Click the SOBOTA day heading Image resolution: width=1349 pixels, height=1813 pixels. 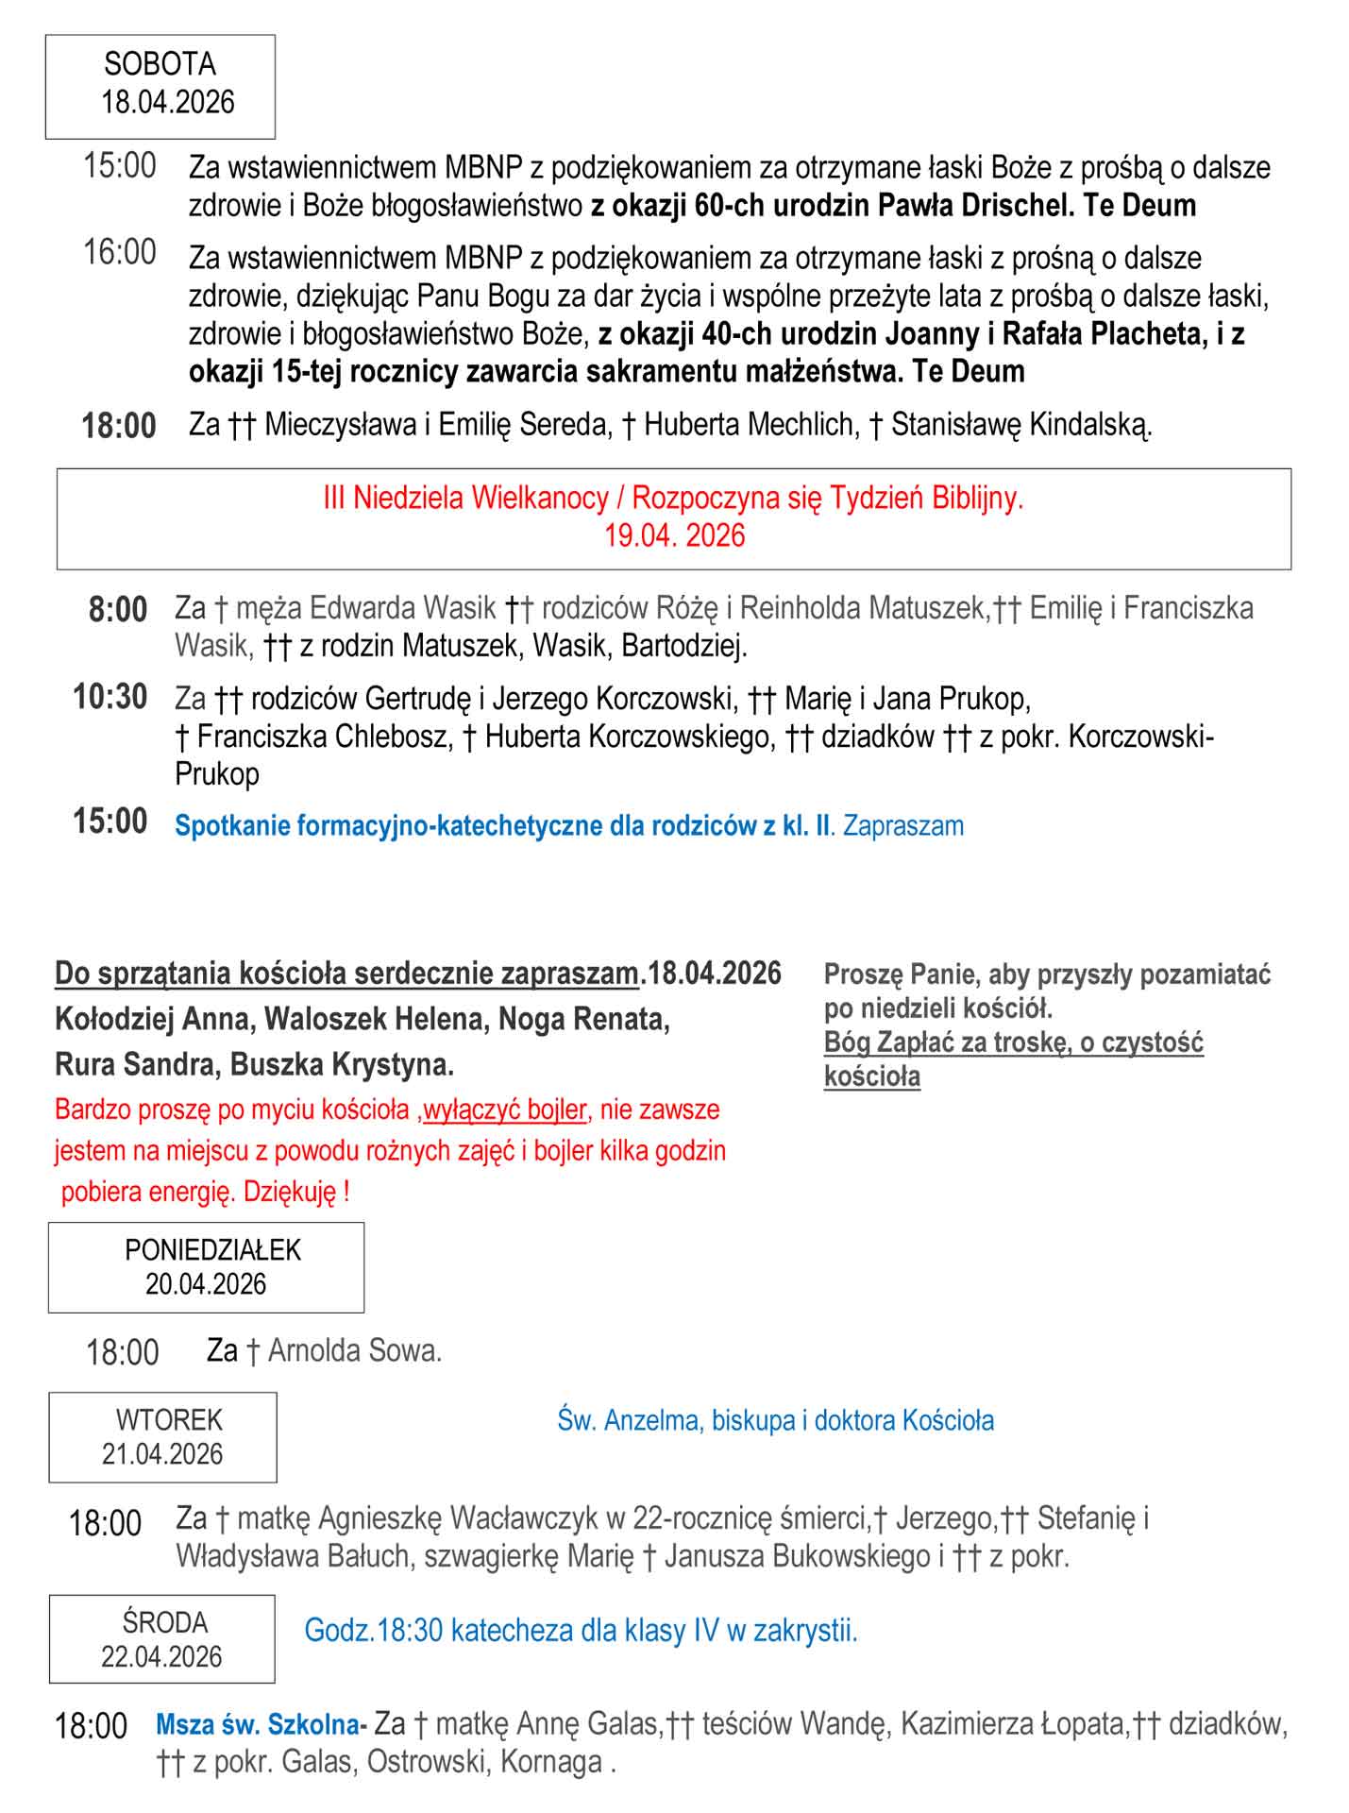coord(160,64)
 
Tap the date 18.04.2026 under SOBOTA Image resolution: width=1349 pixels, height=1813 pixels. coord(167,102)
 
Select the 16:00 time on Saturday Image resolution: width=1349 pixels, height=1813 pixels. coord(120,253)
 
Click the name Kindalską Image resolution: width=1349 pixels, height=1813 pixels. coord(1090,425)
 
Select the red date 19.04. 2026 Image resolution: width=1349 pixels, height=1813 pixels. coord(674,535)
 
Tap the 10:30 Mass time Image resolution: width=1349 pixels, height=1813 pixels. coord(110,698)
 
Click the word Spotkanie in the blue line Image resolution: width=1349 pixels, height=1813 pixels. coord(233,826)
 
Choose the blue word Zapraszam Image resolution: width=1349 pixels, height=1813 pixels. coord(903,826)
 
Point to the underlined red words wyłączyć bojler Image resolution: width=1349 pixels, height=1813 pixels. coord(505,1109)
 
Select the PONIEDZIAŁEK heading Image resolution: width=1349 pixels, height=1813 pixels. coord(212,1250)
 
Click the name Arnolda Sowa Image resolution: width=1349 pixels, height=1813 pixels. coord(355,1351)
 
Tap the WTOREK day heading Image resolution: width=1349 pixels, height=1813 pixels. coord(169,1419)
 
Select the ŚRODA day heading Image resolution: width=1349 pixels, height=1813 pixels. coord(164,1622)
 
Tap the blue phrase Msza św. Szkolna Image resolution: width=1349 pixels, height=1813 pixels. coord(258,1725)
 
